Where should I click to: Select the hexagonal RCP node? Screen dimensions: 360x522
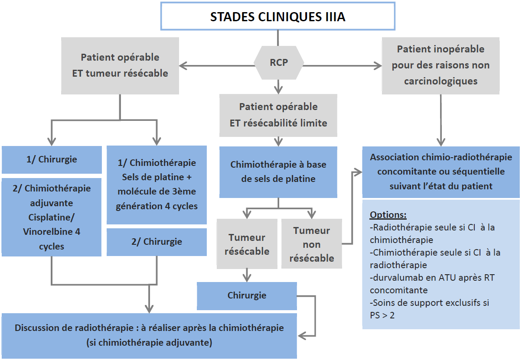(x=279, y=62)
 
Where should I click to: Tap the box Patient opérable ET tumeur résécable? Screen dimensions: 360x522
(x=120, y=65)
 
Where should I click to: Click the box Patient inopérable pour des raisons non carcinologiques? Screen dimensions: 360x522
(x=440, y=65)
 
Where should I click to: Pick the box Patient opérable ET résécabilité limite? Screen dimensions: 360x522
(x=278, y=115)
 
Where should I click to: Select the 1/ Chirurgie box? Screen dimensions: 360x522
(x=52, y=159)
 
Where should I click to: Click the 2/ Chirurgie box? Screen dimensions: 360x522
(x=157, y=242)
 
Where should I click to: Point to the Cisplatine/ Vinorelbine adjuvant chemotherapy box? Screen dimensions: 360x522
(x=52, y=217)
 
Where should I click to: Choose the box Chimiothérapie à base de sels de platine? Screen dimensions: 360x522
(x=278, y=172)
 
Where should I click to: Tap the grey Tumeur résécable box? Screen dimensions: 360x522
(x=247, y=244)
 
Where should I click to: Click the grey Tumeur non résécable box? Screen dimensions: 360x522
(x=312, y=244)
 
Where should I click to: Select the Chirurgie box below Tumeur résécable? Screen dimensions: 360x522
(x=247, y=296)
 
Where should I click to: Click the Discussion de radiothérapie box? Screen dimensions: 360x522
(x=149, y=335)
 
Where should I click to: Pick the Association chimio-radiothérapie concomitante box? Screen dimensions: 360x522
(x=441, y=172)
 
